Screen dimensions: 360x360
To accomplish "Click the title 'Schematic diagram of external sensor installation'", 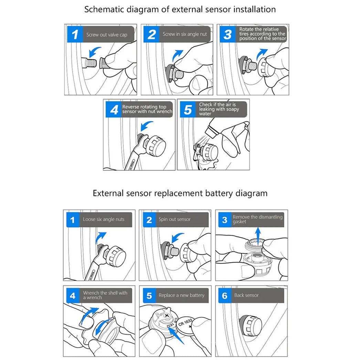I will coord(180,9).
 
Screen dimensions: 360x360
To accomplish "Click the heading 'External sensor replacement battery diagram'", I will coord(180,193).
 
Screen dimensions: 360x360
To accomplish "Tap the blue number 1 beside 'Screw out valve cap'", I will coord(75,34).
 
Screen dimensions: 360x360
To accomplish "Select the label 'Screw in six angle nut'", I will coord(185,34).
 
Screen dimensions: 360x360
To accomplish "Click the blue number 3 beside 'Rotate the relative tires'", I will coord(227,34).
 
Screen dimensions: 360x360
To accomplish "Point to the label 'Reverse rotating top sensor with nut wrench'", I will coord(147,109).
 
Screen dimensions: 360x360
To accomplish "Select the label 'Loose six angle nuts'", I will coord(104,219).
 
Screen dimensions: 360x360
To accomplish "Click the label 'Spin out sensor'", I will coord(174,219).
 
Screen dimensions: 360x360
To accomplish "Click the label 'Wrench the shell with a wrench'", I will coord(105,295).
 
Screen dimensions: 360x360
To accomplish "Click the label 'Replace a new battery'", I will coord(181,295).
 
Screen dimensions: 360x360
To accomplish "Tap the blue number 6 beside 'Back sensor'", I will coord(225,295).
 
